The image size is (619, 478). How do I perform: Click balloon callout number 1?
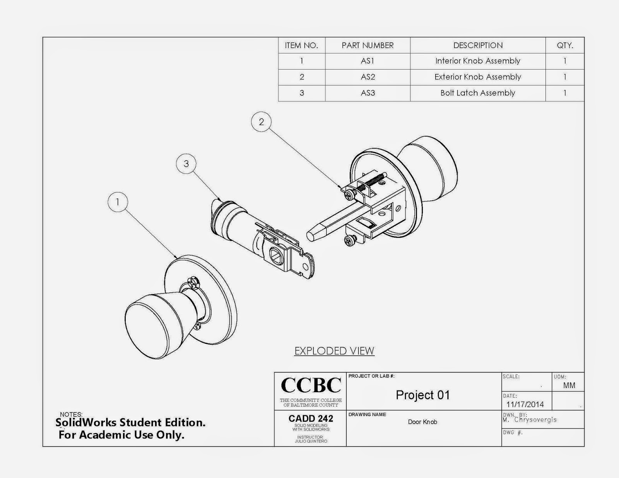[x=117, y=202]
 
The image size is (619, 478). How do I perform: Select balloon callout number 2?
[x=261, y=122]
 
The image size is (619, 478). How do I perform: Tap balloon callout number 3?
[x=186, y=164]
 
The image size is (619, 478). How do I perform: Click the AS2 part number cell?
[x=368, y=77]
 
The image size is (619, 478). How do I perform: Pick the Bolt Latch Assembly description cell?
[x=477, y=93]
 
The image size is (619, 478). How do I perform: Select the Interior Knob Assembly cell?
[x=477, y=61]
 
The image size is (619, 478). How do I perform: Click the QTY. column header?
[x=564, y=45]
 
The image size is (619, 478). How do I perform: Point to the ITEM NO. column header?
[x=301, y=45]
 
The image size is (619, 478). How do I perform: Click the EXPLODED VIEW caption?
[x=334, y=351]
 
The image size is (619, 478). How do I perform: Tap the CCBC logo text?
[x=311, y=385]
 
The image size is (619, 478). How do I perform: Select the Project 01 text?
[x=423, y=395]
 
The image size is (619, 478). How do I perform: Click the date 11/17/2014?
[x=525, y=405]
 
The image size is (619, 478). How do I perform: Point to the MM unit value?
[x=569, y=385]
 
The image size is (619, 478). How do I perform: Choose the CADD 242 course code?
[x=311, y=418]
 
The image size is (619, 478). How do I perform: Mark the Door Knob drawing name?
[x=422, y=422]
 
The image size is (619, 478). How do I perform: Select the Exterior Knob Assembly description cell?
[x=477, y=77]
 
